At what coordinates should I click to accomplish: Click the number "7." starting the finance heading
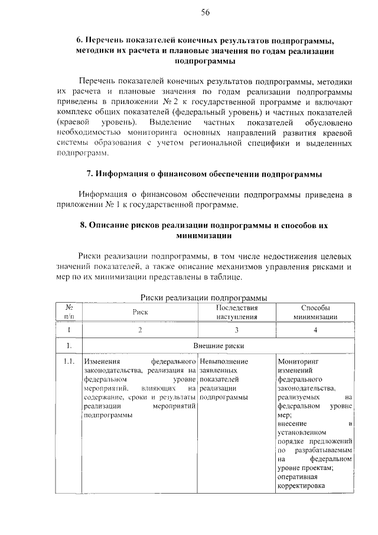[90, 174]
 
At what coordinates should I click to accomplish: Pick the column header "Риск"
[140, 313]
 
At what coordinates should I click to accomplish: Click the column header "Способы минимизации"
[315, 312]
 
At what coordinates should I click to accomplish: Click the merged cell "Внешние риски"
[218, 346]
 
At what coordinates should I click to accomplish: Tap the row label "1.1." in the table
[69, 361]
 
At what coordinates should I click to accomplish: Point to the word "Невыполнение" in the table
[224, 361]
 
